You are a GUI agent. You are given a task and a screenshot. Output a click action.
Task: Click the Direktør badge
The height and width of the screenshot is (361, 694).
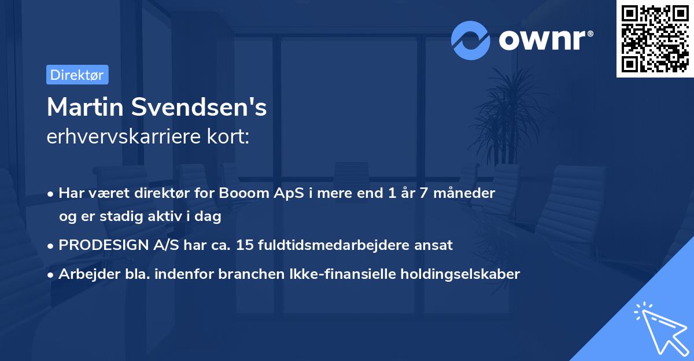point(77,75)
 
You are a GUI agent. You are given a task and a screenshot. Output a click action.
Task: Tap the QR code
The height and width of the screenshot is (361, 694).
point(655,39)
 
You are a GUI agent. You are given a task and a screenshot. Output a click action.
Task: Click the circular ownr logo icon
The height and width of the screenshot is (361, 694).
point(471,40)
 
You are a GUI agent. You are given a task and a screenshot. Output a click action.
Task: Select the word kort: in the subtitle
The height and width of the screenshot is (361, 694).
point(230,137)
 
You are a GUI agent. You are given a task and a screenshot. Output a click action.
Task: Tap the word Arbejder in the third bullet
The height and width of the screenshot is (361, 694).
point(84,274)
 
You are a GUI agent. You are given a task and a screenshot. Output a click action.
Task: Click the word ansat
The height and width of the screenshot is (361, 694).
point(435,245)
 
